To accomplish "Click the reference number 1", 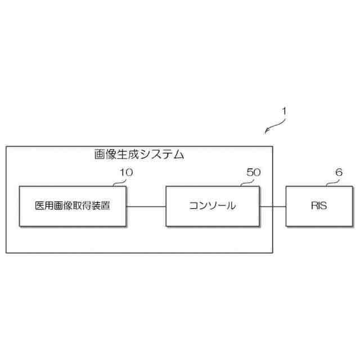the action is pyautogui.click(x=285, y=111).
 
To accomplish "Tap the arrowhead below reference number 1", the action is pyautogui.click(x=267, y=132).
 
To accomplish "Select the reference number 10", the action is pyautogui.click(x=127, y=173).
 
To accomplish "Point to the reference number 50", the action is pyautogui.click(x=254, y=173).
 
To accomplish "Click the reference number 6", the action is pyautogui.click(x=339, y=173).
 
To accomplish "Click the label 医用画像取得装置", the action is pyautogui.click(x=72, y=205).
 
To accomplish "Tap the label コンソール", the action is pyautogui.click(x=212, y=205).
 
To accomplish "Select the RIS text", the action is pyautogui.click(x=318, y=205).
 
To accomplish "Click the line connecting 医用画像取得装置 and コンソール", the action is pyautogui.click(x=146, y=206).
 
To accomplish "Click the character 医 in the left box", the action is pyautogui.click(x=39, y=205).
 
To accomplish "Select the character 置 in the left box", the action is pyautogui.click(x=105, y=205).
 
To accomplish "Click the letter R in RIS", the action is pyautogui.click(x=313, y=205).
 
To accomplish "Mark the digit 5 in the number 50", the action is pyautogui.click(x=250, y=173).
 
